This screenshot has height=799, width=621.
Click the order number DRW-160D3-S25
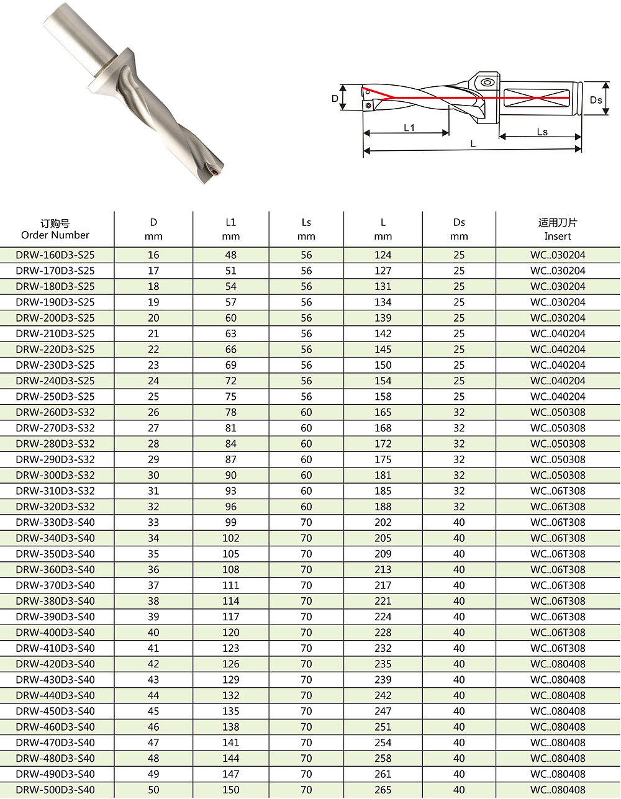(55, 255)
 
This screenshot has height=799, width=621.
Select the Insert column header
(558, 229)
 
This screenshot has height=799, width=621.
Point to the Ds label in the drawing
(596, 100)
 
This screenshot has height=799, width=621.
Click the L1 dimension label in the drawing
(409, 128)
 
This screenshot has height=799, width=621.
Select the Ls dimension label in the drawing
(542, 132)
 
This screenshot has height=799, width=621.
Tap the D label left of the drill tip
(335, 98)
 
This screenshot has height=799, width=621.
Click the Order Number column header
(55, 229)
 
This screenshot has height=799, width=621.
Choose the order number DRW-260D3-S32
(55, 412)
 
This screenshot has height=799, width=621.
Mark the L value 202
(383, 523)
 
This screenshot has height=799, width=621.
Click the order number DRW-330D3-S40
(55, 523)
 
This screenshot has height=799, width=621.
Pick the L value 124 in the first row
(383, 255)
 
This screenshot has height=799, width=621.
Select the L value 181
(383, 476)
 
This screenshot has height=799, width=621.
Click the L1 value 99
(231, 523)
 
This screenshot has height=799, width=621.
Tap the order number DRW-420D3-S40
(55, 664)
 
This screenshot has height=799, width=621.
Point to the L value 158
(383, 397)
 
